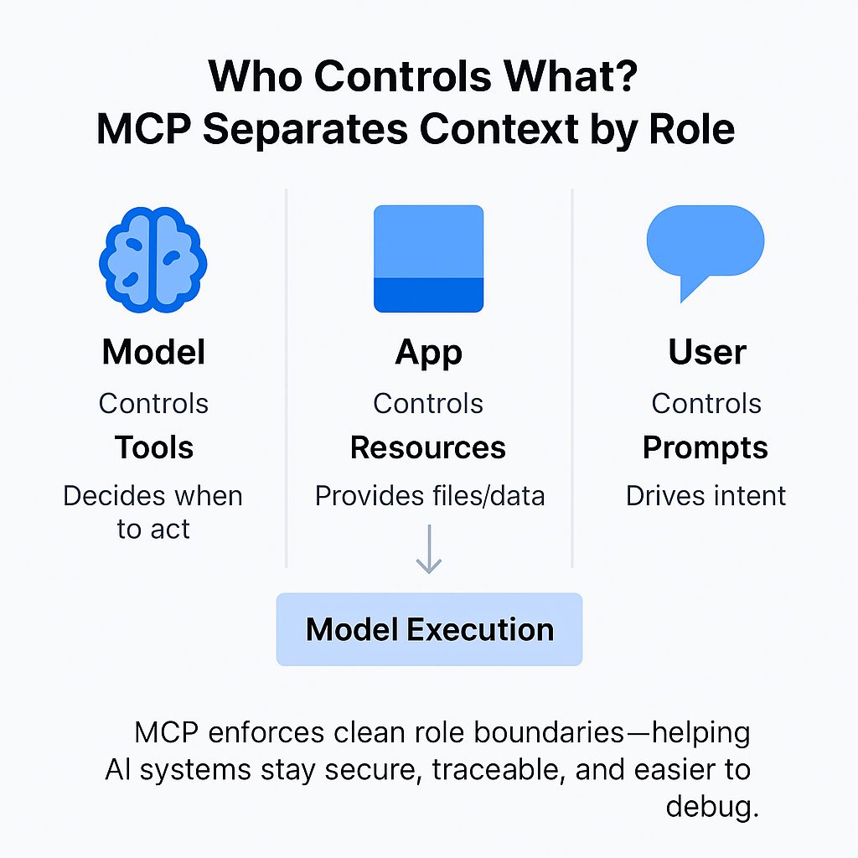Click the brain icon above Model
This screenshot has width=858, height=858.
[153, 261]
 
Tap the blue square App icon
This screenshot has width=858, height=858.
[428, 259]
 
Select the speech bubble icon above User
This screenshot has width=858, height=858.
[705, 249]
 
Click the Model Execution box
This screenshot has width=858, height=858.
[429, 629]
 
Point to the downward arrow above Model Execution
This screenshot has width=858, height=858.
[429, 550]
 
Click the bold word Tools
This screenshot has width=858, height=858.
[154, 448]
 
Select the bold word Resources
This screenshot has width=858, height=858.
[428, 448]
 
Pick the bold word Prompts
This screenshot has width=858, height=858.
[706, 448]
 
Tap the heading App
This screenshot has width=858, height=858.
[428, 353]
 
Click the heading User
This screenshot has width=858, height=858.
[707, 353]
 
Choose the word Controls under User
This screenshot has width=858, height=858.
[706, 404]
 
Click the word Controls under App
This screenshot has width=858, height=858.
[428, 404]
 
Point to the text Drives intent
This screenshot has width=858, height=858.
[706, 496]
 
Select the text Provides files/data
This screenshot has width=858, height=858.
[430, 496]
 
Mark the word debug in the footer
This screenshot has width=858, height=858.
[712, 807]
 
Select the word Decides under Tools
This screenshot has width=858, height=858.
[114, 496]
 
